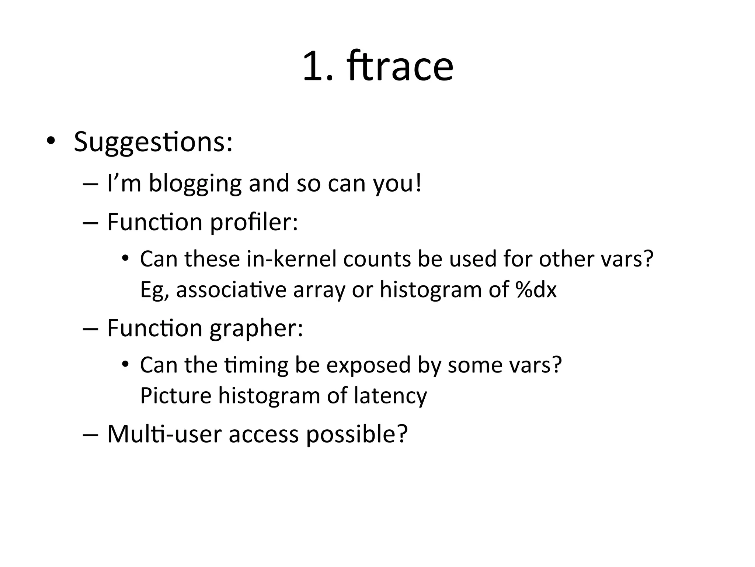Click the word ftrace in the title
[400, 66]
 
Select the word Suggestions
[153, 142]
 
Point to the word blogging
[195, 184]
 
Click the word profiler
[254, 223]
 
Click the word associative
[231, 289]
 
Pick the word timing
[256, 365]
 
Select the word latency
[390, 396]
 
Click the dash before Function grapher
[91, 329]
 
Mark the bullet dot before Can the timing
[125, 364]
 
